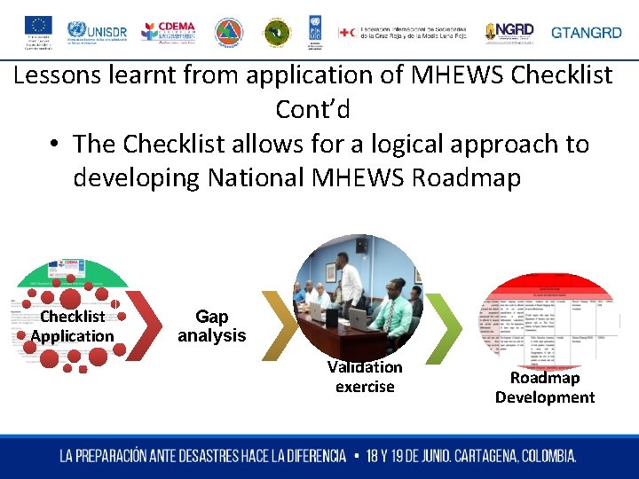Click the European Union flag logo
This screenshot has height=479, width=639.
point(37,25)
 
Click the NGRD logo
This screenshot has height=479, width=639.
point(509,32)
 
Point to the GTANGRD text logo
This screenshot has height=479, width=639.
point(587,33)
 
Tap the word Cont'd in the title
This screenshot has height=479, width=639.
point(312,110)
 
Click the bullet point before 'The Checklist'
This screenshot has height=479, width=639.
point(54,145)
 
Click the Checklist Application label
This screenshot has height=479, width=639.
point(73,326)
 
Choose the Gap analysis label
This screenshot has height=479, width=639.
point(211,326)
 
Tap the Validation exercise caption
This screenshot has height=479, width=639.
point(365,377)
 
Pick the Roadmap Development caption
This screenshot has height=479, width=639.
point(545,388)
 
